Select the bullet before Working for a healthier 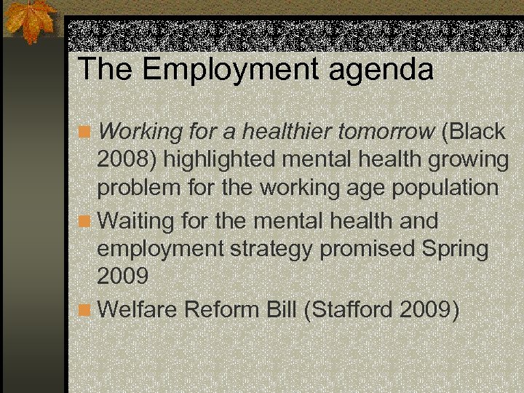[x=86, y=132]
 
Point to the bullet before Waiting [x=86, y=220]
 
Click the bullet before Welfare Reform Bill [x=86, y=310]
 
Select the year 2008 [x=122, y=160]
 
